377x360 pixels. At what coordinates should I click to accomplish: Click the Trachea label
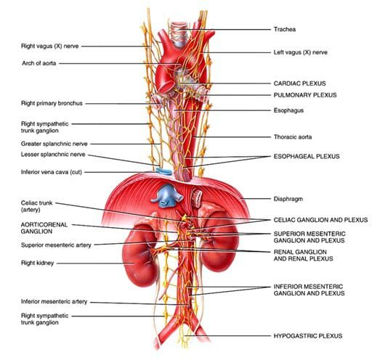[x=285, y=30]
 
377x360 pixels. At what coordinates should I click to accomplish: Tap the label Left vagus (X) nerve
[x=301, y=52]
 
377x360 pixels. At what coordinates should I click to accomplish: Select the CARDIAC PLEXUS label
[x=299, y=83]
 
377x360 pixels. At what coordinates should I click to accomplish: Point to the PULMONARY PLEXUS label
[x=305, y=95]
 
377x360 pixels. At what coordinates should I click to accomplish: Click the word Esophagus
[x=288, y=110]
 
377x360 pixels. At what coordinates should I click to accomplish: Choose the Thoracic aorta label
[x=293, y=137]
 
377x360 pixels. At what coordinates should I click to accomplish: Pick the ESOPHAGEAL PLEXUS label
[x=307, y=156]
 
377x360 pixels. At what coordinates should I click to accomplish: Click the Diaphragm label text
[x=288, y=199]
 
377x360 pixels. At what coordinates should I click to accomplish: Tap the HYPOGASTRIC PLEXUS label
[x=308, y=336]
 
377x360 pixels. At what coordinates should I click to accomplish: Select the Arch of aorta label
[x=39, y=63]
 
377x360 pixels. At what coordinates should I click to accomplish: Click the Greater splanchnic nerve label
[x=54, y=144]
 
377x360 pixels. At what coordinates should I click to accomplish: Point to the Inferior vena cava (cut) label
[x=52, y=172]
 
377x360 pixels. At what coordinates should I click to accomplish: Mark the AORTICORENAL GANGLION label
[x=44, y=228]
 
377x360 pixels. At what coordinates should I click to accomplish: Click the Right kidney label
[x=38, y=263]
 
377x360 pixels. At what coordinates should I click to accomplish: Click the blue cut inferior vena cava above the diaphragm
[x=164, y=171]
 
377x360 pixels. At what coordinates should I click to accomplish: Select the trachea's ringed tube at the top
[x=179, y=34]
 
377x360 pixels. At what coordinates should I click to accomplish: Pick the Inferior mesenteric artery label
[x=54, y=302]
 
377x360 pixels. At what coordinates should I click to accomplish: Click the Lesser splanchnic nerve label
[x=53, y=155]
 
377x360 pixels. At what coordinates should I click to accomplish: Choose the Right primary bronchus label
[x=52, y=104]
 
